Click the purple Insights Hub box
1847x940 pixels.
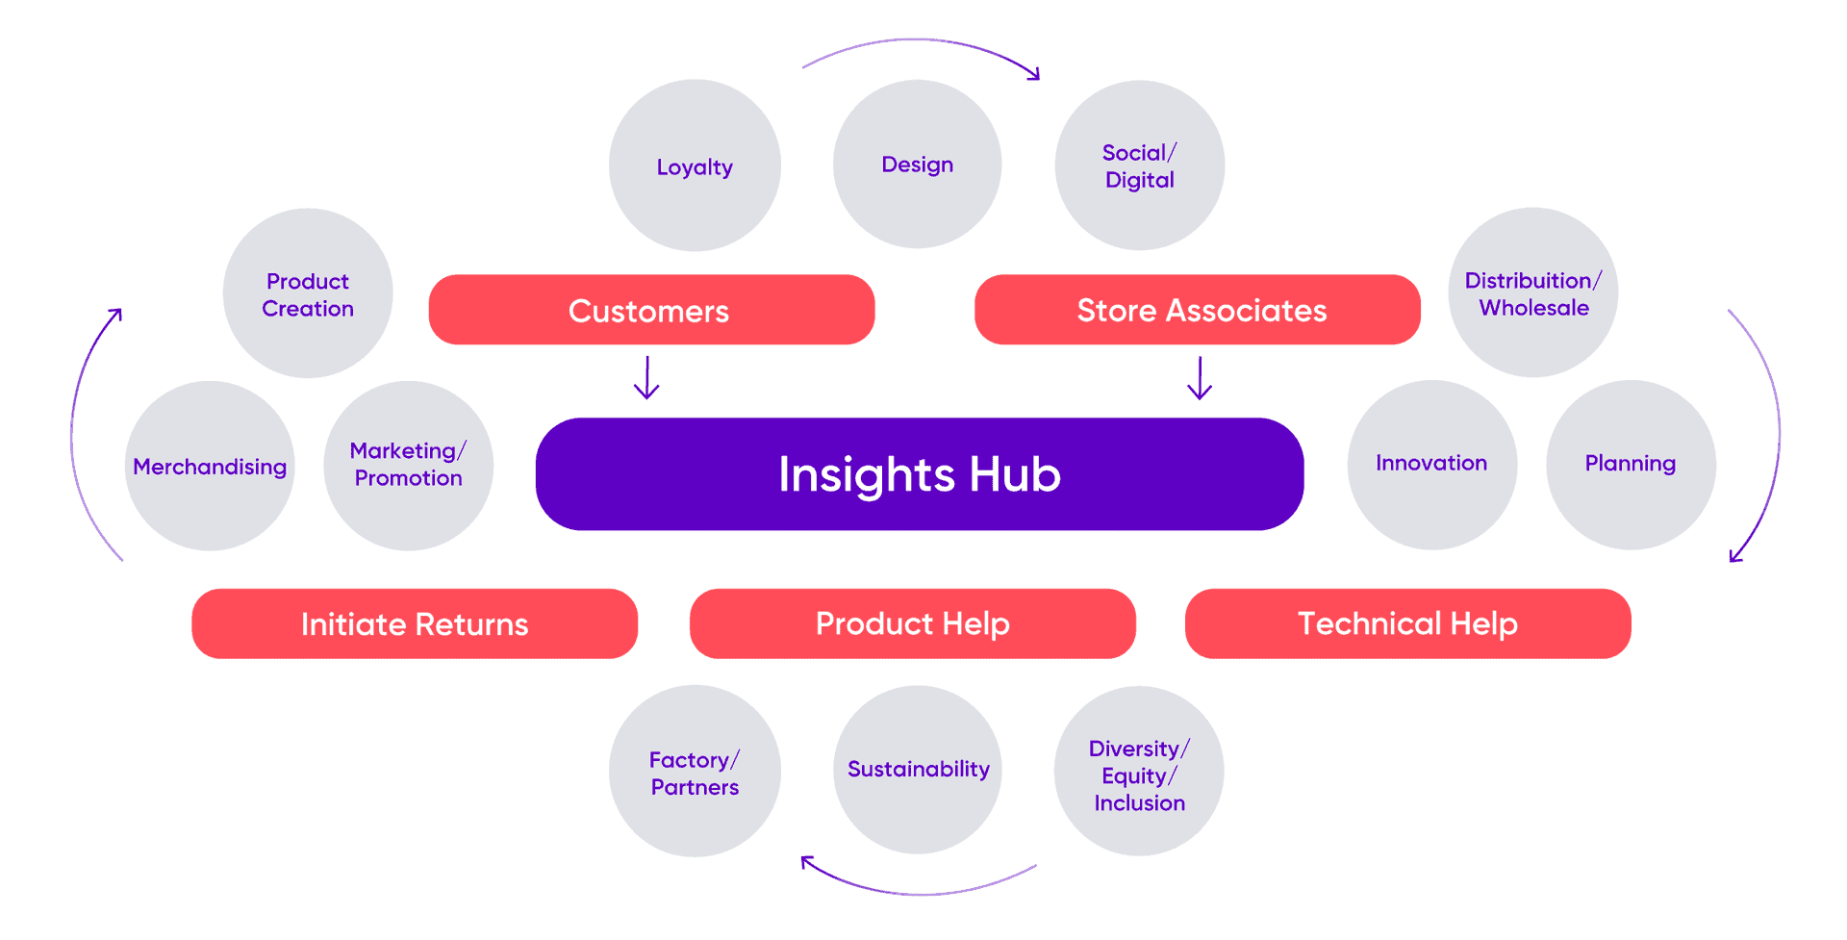click(x=919, y=473)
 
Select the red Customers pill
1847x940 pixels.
click(x=651, y=310)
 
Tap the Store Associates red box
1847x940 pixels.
click(x=1197, y=310)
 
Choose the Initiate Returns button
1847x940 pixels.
click(x=415, y=623)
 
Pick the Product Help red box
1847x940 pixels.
click(x=912, y=623)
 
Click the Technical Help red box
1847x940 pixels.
click(x=1407, y=623)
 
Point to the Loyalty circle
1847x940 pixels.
click(x=695, y=165)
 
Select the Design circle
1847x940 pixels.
click(x=917, y=165)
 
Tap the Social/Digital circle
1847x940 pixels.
click(x=1139, y=165)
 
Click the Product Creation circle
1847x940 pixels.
click(x=308, y=293)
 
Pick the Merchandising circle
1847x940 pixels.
click(x=210, y=466)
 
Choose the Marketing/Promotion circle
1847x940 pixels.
click(x=408, y=466)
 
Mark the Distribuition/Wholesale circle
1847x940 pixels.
click(x=1532, y=292)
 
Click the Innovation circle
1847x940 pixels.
click(x=1431, y=465)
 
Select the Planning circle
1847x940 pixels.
click(x=1631, y=465)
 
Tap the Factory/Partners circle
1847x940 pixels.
click(x=695, y=771)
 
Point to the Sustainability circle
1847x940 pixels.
click(x=917, y=770)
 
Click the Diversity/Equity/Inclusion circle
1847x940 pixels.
click(x=1139, y=771)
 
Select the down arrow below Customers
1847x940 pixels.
click(x=646, y=377)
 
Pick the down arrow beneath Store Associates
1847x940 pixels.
click(x=1200, y=377)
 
